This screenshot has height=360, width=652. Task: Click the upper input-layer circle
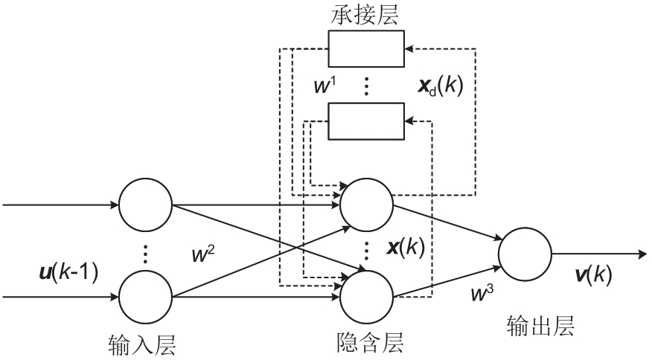[146, 205]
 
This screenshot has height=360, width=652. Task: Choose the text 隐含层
[366, 343]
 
